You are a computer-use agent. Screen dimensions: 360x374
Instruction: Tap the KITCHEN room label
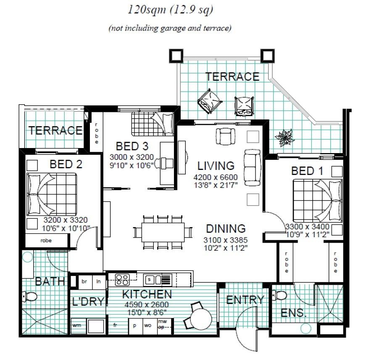point(147,294)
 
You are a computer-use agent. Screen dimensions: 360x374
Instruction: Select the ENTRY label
point(245,299)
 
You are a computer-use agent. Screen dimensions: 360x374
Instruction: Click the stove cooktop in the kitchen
point(122,279)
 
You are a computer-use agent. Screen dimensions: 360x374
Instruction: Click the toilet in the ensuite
point(279,295)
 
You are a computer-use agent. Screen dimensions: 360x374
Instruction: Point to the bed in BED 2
point(53,193)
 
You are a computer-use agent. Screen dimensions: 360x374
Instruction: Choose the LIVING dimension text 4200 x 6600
point(216,177)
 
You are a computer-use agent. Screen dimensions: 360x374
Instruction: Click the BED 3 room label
point(132,146)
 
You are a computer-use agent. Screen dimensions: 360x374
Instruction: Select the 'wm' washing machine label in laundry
point(77,325)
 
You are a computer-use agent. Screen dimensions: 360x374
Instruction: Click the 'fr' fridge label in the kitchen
point(115,325)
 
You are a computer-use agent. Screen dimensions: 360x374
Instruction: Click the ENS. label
point(293,313)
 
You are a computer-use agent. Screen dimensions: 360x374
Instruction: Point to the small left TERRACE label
point(55,130)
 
